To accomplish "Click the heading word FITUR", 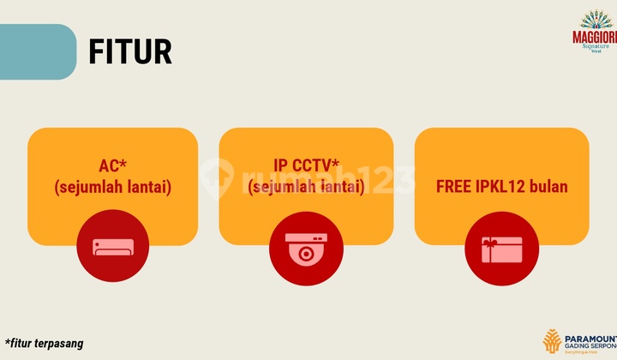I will point(130,51).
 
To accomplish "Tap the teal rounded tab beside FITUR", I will point(37,51).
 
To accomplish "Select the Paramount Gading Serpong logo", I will point(578,341).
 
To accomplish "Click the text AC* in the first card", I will point(113,167).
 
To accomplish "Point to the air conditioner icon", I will point(113,248).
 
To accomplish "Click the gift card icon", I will point(501,248).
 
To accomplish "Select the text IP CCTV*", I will point(306,167).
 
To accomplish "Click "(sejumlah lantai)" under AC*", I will point(113,186).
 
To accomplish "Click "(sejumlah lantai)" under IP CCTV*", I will point(306,186).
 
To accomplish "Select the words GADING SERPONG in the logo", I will point(590,344).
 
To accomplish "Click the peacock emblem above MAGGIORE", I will point(596,19).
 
